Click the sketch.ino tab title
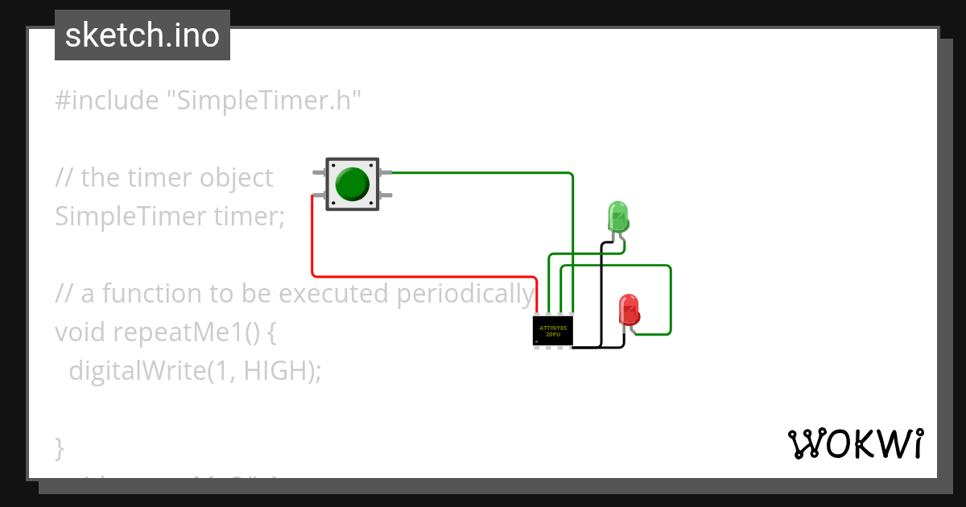pyautogui.click(x=142, y=35)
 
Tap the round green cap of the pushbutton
pyautogui.click(x=352, y=184)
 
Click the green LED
pyautogui.click(x=617, y=217)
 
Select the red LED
pyautogui.click(x=628, y=310)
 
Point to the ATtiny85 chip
pyautogui.click(x=552, y=331)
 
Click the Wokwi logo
pyautogui.click(x=855, y=443)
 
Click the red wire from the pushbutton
pyautogui.click(x=312, y=241)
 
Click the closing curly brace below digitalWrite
pyautogui.click(x=59, y=447)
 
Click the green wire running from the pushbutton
pyautogui.click(x=483, y=172)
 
